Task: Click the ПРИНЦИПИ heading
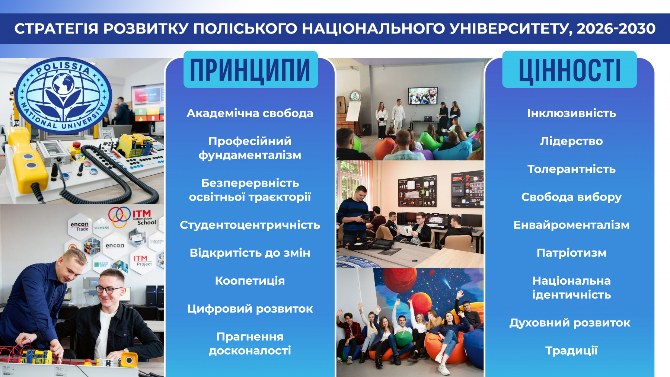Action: click(x=250, y=70)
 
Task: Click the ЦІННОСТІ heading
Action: click(x=570, y=70)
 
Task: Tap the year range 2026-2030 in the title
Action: click(x=616, y=29)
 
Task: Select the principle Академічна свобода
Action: click(x=250, y=113)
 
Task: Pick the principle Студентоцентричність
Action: click(x=250, y=225)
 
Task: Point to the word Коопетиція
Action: click(x=250, y=281)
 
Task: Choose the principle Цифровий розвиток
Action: click(x=250, y=309)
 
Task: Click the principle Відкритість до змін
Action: click(x=250, y=253)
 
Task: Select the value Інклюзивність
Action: click(x=571, y=113)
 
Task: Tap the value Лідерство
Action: click(x=571, y=141)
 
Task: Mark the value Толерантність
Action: click(x=571, y=169)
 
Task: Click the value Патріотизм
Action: click(x=571, y=253)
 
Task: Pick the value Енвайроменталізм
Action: click(x=571, y=225)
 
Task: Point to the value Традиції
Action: click(x=571, y=351)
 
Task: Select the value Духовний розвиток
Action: click(x=570, y=323)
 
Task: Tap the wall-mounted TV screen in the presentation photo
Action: click(x=423, y=96)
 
